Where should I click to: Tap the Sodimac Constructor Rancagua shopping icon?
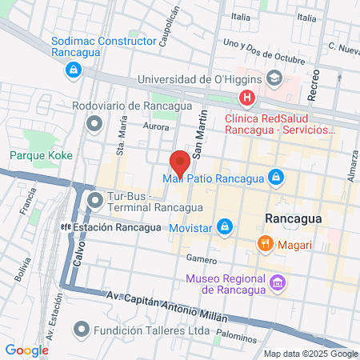[x=74, y=70]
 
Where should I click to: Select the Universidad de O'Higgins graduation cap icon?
[x=274, y=78]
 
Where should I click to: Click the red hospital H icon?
[x=247, y=98]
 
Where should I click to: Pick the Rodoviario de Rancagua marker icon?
[x=95, y=123]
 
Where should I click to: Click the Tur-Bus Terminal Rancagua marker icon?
[x=95, y=198]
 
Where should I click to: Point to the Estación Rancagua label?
[x=105, y=226]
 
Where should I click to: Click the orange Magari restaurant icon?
[x=262, y=242]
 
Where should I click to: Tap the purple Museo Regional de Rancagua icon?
[x=278, y=282]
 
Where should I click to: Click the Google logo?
[x=26, y=350]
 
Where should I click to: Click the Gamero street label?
[x=201, y=258]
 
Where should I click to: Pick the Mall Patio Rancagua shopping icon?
[x=275, y=177]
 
